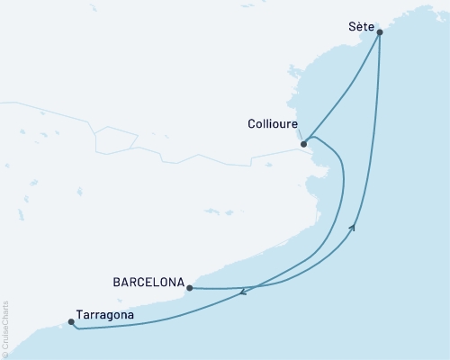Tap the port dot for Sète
click(x=380, y=32)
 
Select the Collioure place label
click(x=272, y=126)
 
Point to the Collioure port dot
click(x=304, y=143)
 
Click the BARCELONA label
click(x=148, y=281)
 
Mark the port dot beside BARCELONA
click(x=189, y=288)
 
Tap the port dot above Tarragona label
click(x=71, y=321)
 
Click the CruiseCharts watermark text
click(x=5, y=329)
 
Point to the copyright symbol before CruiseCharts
click(x=5, y=353)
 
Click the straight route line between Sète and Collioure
click(x=343, y=86)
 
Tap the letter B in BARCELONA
click(x=117, y=281)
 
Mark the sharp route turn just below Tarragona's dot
click(x=76, y=328)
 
